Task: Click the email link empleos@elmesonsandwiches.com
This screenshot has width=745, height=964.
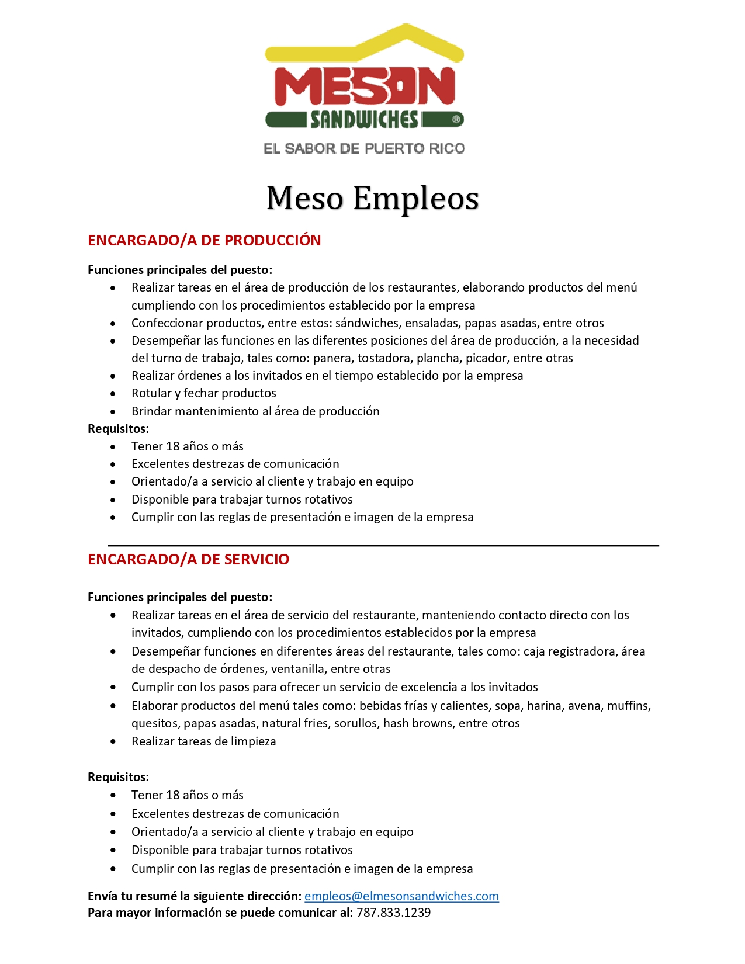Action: pos(401,896)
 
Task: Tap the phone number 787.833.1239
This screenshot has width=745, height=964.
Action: pos(393,913)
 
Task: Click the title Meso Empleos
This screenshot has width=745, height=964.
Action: pos(372,198)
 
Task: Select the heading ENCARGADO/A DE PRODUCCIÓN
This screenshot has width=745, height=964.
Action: pos(204,240)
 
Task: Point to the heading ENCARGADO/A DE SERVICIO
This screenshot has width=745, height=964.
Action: pos(188,559)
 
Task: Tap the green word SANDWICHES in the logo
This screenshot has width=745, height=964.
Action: pos(364,120)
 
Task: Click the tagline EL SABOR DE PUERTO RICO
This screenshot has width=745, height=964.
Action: pos(364,148)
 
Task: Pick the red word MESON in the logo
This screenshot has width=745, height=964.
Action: pos(365,87)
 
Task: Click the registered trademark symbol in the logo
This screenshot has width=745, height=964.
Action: pos(456,120)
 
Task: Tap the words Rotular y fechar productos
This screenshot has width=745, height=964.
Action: pos(203,393)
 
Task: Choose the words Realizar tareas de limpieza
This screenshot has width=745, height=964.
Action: pos(203,741)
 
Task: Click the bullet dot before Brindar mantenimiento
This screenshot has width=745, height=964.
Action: pos(113,411)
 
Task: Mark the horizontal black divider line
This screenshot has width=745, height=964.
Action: pos(383,545)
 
